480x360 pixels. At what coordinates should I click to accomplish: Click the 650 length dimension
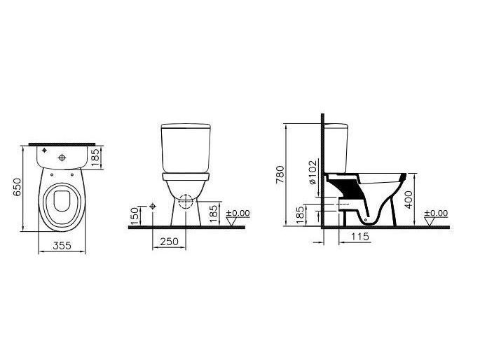click(x=18, y=187)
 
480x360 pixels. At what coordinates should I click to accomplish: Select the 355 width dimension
click(x=62, y=245)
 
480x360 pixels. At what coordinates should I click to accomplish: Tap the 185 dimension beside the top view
click(x=95, y=158)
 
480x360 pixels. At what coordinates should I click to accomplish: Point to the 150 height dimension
click(x=135, y=216)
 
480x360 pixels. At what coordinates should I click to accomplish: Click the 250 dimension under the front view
click(x=169, y=242)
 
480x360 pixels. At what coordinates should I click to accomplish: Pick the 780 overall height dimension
click(x=280, y=174)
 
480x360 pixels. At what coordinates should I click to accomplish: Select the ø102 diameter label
click(x=313, y=172)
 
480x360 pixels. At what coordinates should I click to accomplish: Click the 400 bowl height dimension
click(x=409, y=200)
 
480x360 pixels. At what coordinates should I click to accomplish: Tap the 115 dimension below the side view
click(x=359, y=237)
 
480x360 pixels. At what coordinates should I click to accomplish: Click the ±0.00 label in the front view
click(x=238, y=213)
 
